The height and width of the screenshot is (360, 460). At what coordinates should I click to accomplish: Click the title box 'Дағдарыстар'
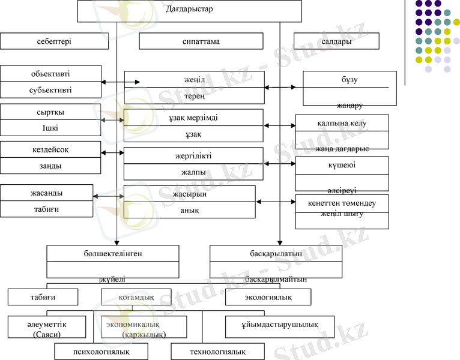(x=190, y=10)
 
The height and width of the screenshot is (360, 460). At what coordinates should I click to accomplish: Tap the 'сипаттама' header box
(x=201, y=41)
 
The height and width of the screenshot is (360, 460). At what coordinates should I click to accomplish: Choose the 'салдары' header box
(x=336, y=41)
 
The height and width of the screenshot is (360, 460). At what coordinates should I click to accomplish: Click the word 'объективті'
(x=50, y=74)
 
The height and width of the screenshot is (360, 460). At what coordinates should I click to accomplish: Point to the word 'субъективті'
(x=50, y=90)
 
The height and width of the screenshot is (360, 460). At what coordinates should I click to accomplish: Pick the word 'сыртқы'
(x=50, y=112)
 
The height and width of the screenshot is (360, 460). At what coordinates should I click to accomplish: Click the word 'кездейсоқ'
(x=50, y=149)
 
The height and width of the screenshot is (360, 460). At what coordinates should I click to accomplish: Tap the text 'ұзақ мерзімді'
(x=193, y=118)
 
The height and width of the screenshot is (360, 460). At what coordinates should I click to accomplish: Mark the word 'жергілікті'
(x=194, y=156)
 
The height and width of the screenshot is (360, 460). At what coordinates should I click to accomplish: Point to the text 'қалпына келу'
(x=342, y=124)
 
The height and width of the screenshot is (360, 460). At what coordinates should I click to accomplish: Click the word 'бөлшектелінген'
(x=113, y=253)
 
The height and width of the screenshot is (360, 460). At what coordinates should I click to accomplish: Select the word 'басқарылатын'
(x=276, y=253)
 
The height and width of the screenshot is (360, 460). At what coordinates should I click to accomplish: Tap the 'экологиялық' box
(x=268, y=297)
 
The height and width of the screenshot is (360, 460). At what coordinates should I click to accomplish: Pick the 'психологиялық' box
(x=101, y=351)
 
